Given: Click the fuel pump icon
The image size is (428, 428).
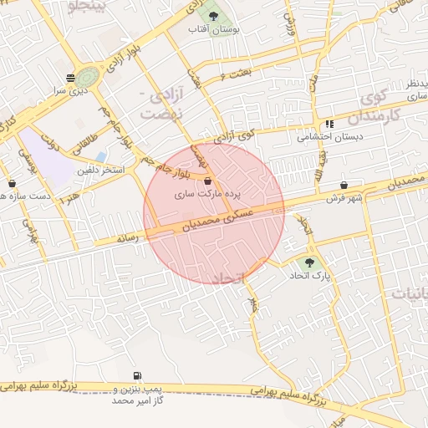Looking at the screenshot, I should coord(136,377).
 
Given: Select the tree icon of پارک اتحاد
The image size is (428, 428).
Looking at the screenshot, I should coord(310,262).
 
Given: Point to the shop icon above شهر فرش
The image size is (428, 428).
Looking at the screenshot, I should coord(344,185).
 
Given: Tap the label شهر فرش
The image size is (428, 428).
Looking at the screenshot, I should coord(342,198).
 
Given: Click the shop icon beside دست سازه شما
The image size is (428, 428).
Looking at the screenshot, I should coord(12,183).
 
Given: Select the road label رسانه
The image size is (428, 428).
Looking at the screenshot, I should coord(126,238).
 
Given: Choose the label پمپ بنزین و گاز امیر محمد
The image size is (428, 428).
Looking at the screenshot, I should coord(137,395).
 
